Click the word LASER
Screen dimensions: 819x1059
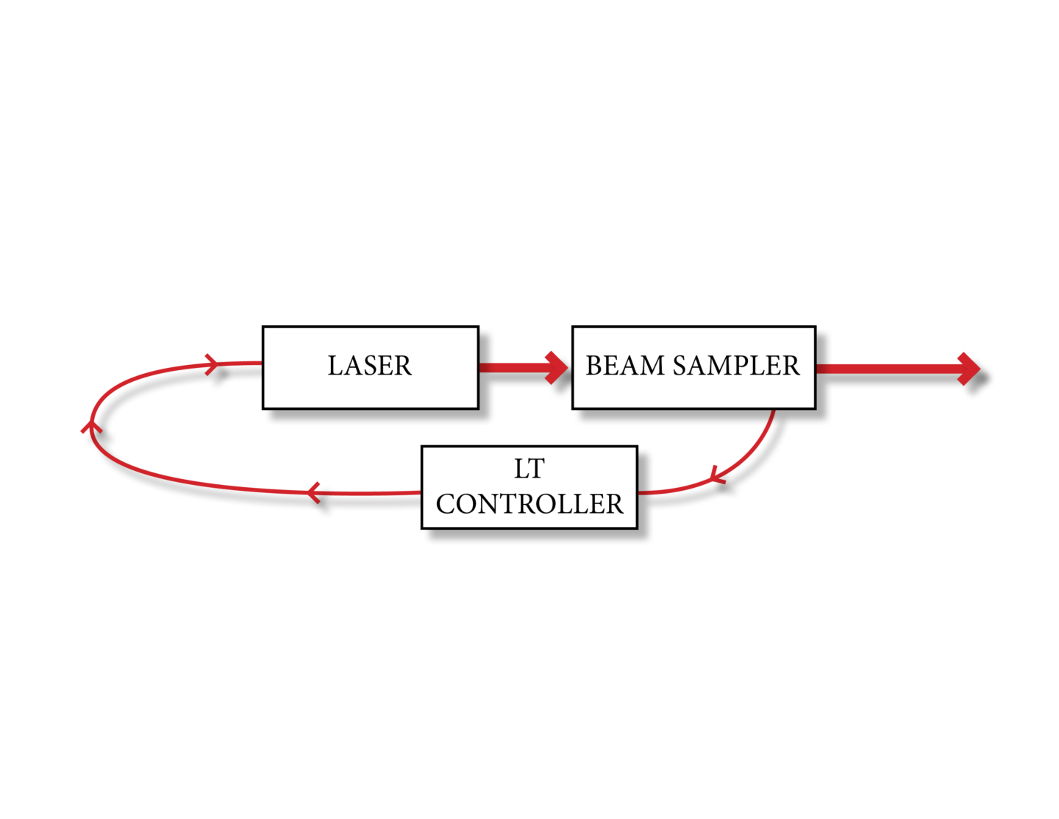point(369,366)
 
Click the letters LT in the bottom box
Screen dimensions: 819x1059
point(529,469)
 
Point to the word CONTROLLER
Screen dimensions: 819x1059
point(529,504)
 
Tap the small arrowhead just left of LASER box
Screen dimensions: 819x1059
point(212,364)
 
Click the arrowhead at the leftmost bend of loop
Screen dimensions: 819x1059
point(91,425)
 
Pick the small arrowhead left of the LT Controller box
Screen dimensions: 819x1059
point(314,492)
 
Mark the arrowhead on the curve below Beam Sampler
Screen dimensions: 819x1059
point(716,476)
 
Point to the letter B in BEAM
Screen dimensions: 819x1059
point(593,366)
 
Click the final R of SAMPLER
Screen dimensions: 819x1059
point(791,366)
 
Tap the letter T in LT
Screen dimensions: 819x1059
point(536,469)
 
